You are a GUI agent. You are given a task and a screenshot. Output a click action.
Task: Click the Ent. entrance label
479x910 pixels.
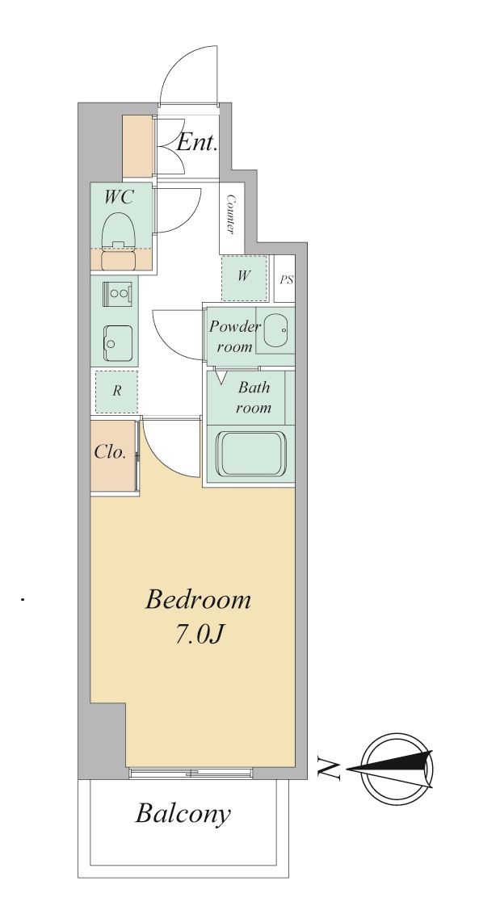coord(197,142)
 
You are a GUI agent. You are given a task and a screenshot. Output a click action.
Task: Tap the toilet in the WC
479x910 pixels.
coord(119,241)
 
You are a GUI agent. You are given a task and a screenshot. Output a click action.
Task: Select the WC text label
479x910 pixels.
coord(119,197)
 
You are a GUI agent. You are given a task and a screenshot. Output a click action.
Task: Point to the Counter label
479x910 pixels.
coord(230,214)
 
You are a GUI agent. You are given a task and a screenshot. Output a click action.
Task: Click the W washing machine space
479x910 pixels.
coord(244,278)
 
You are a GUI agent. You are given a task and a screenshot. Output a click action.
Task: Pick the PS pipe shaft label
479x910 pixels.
coord(286,280)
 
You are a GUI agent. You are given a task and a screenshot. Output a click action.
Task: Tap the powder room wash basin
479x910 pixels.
coord(275,332)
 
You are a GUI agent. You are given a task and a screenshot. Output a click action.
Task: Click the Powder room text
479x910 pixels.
coord(234,337)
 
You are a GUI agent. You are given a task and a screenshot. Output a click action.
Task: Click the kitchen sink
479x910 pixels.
coord(119,343)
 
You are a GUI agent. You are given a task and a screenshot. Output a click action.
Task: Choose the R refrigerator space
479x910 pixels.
coord(116,391)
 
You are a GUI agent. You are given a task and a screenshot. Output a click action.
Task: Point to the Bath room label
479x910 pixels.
coord(253,397)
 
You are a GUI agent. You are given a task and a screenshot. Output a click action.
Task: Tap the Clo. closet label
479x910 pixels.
coord(111,452)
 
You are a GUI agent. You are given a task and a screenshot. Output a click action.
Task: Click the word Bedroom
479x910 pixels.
coord(198,599)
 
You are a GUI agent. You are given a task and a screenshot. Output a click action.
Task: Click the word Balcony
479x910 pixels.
coord(183,814)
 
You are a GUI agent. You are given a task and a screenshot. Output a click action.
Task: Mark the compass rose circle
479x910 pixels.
coord(397,769)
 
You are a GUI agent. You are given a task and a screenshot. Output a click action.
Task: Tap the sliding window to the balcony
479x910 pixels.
coord(191,773)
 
